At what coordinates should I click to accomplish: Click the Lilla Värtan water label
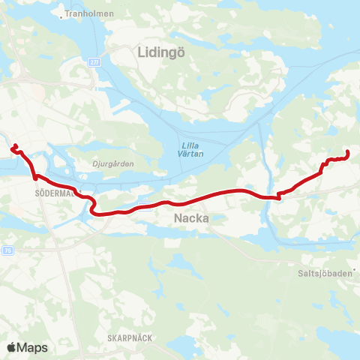point(191,149)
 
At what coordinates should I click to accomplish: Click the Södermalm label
point(52,192)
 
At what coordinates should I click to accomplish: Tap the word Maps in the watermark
point(34,347)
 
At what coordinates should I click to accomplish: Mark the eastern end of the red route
point(349,153)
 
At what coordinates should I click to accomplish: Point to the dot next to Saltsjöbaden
point(355,271)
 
